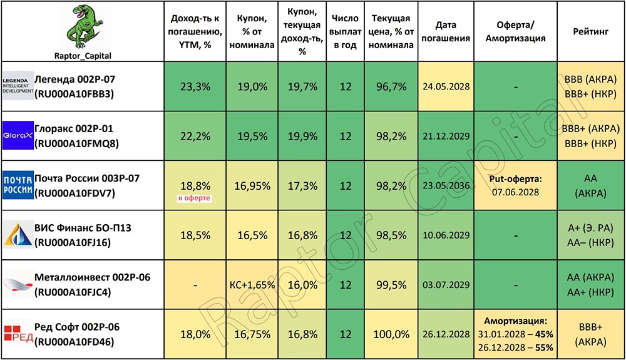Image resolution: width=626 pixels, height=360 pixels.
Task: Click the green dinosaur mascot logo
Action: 83,27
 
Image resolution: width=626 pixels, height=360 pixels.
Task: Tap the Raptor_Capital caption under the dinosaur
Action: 83,56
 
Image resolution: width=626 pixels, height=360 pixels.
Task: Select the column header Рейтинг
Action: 590,31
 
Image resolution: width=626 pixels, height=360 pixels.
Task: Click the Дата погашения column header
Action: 446,31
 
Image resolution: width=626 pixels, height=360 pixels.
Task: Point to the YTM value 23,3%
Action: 195,86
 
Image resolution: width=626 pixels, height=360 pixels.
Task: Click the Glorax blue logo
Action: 18,135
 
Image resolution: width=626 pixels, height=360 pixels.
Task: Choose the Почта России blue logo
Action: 18,185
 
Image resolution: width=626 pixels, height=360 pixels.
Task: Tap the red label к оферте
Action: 195,198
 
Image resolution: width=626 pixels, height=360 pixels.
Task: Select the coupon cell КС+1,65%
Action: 252,285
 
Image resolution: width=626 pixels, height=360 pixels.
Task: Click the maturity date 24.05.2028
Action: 446,86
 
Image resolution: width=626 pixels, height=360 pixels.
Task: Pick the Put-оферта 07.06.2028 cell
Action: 515,185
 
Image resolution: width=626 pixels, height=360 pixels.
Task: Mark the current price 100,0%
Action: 391,334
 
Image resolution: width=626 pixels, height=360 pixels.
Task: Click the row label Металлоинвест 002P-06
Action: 92,277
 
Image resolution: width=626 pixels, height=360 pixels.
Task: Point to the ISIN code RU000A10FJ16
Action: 72,243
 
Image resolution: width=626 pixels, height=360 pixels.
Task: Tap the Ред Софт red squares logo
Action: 18,334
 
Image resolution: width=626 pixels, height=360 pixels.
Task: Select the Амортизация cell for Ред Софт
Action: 515,334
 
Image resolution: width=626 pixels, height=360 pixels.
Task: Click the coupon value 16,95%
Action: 252,186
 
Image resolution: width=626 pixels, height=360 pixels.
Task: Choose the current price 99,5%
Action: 391,285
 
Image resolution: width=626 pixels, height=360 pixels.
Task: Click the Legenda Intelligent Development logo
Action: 18,86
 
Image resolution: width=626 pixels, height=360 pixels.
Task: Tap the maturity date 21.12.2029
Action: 446,136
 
